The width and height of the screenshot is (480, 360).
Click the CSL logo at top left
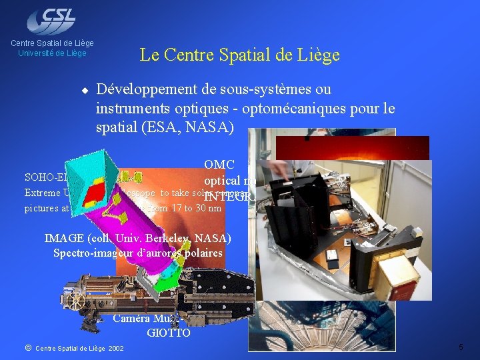pos(51,20)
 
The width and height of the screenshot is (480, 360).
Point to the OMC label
pos(220,165)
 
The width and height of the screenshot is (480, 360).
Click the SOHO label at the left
pos(39,177)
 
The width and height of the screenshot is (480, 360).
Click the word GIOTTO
pos(169,331)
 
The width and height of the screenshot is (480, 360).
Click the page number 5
pos(461,347)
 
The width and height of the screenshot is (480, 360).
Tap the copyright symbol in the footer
pos(28,348)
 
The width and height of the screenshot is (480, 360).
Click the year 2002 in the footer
pos(115,348)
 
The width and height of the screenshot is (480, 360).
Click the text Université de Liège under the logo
pos(53,53)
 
